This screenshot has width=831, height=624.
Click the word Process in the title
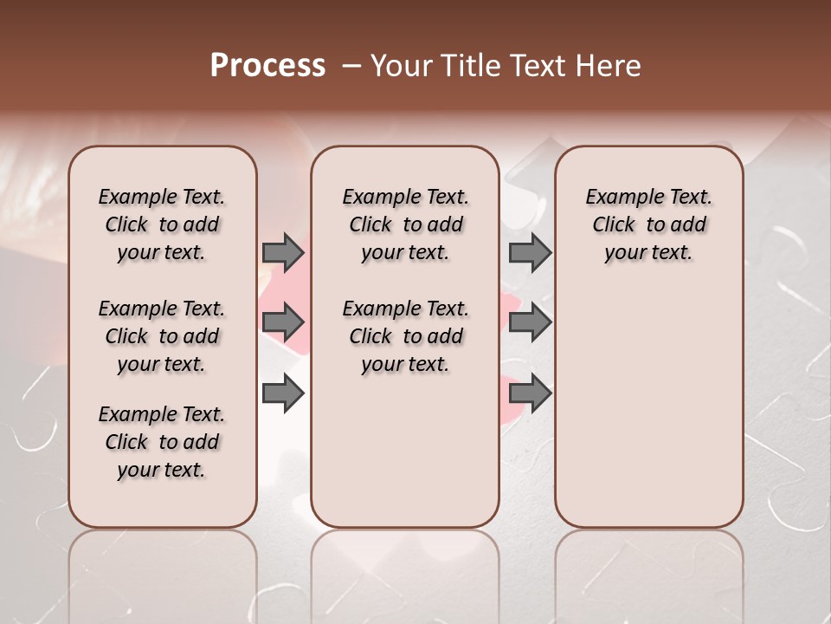tap(267, 66)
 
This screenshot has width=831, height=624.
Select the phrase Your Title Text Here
tap(506, 66)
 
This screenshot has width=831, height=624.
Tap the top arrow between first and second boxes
tap(283, 253)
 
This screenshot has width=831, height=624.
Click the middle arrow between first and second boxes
tap(283, 323)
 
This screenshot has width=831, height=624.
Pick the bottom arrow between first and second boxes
tap(283, 394)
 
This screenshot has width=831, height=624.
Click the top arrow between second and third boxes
tap(530, 253)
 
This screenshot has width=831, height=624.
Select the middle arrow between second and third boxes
tap(530, 323)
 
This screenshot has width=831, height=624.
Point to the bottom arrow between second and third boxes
tap(530, 394)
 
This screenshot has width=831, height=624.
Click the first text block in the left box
tap(162, 224)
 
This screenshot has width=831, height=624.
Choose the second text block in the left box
tap(162, 336)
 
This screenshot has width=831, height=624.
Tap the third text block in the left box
tap(162, 442)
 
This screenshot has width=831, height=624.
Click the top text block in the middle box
tap(405, 224)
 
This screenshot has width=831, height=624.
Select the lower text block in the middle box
tap(405, 336)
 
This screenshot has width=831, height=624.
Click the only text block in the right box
tap(648, 224)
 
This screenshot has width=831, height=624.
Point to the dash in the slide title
tap(351, 66)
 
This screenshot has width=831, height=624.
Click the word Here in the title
tap(610, 66)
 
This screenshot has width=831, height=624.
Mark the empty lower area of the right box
tap(648, 407)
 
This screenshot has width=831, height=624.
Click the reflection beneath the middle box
tap(405, 572)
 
